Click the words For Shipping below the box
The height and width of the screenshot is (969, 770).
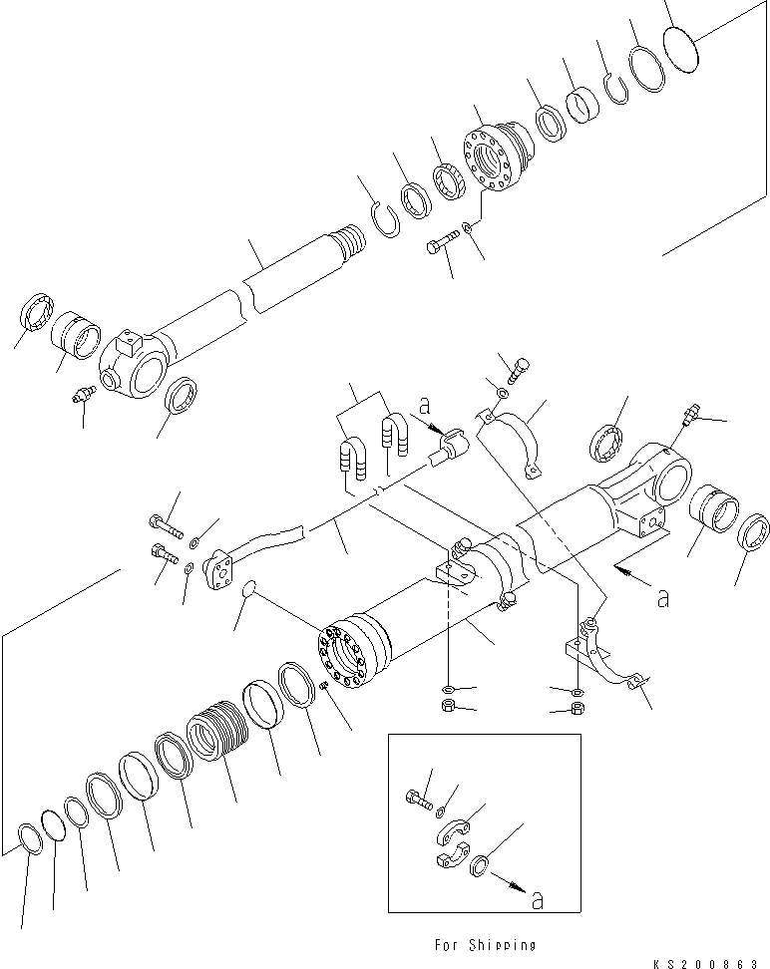[x=485, y=944]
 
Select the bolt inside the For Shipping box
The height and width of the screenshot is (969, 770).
[x=419, y=798]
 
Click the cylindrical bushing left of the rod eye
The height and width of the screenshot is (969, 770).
[x=77, y=335]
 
